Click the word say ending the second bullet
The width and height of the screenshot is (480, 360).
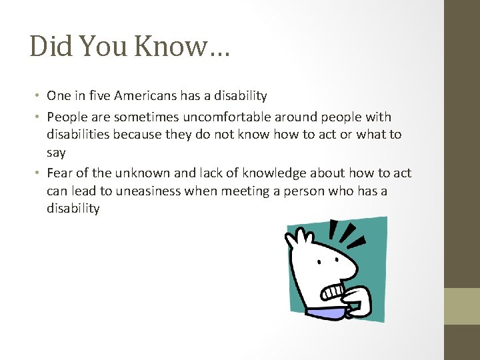(x=56, y=153)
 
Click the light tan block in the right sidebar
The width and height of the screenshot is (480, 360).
(x=462, y=306)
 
